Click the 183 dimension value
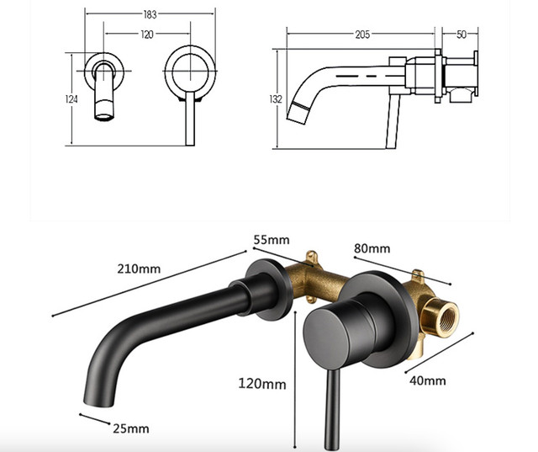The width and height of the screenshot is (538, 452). point(150,14)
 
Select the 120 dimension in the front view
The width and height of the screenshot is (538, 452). point(147,35)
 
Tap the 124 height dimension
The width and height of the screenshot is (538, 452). point(71,99)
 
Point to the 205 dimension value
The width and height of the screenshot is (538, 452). point(362,35)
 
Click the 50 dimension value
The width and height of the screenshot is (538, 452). point(462,35)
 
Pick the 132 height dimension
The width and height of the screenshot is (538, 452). point(276,99)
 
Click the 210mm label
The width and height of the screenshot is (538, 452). point(139,269)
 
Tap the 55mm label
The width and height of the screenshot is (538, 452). point(272,239)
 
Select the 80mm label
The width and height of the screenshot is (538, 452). point(372,248)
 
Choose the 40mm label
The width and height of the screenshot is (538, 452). point(428,380)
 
